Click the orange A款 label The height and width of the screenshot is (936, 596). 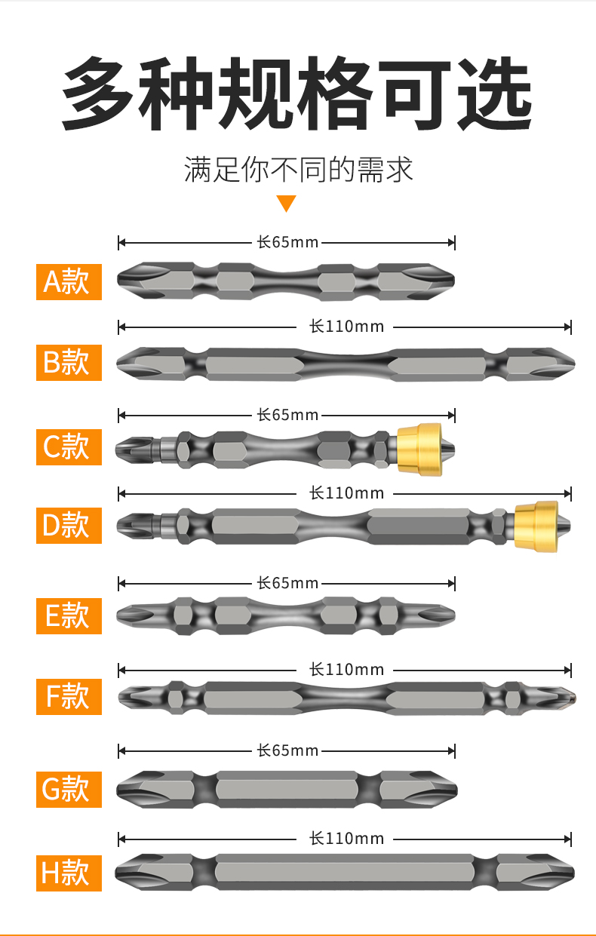69,282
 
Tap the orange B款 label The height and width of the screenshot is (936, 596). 69,363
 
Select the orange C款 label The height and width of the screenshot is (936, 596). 69,447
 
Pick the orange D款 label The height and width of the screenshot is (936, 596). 69,526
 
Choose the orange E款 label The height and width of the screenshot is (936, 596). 69,616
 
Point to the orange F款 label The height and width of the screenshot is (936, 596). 69,697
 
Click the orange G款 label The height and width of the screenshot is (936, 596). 69,790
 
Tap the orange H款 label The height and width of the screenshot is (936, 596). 69,873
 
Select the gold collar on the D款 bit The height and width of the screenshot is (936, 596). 536,526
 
